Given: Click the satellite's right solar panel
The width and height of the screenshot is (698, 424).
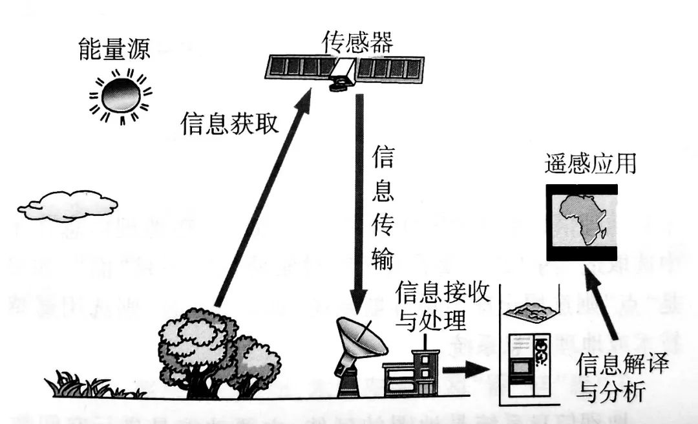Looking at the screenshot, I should [x=391, y=67].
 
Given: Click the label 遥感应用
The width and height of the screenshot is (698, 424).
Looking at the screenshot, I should [x=590, y=164].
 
